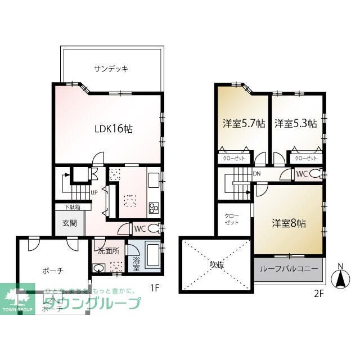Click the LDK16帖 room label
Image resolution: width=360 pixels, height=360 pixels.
pyautogui.click(x=113, y=128)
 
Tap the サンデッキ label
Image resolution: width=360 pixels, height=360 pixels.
pyautogui.click(x=111, y=69)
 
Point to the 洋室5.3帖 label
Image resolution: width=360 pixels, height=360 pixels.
pyautogui.click(x=295, y=124)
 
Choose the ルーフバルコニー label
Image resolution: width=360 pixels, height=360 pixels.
pyautogui.click(x=289, y=269)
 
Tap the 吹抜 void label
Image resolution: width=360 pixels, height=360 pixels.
pyautogui.click(x=215, y=264)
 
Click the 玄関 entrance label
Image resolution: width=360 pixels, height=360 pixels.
pyautogui.click(x=70, y=224)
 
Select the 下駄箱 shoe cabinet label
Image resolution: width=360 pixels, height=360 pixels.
pyautogui.click(x=71, y=206)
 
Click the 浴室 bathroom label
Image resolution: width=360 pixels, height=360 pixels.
pyautogui.click(x=136, y=262)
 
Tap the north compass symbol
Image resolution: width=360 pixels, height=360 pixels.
pyautogui.click(x=340, y=277)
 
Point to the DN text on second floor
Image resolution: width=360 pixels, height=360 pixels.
pyautogui.click(x=257, y=174)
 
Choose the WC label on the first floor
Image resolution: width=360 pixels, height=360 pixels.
pyautogui.click(x=140, y=229)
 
